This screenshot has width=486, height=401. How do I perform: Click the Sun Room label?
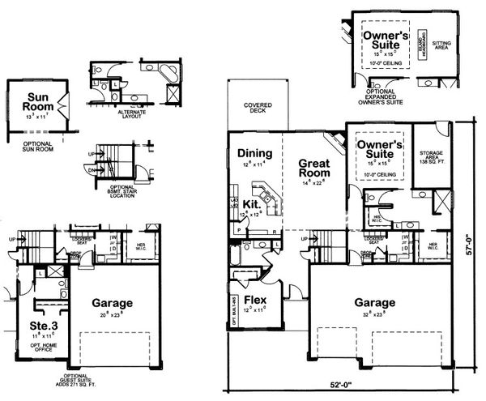tap(37, 100)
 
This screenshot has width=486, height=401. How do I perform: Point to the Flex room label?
tap(254, 297)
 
